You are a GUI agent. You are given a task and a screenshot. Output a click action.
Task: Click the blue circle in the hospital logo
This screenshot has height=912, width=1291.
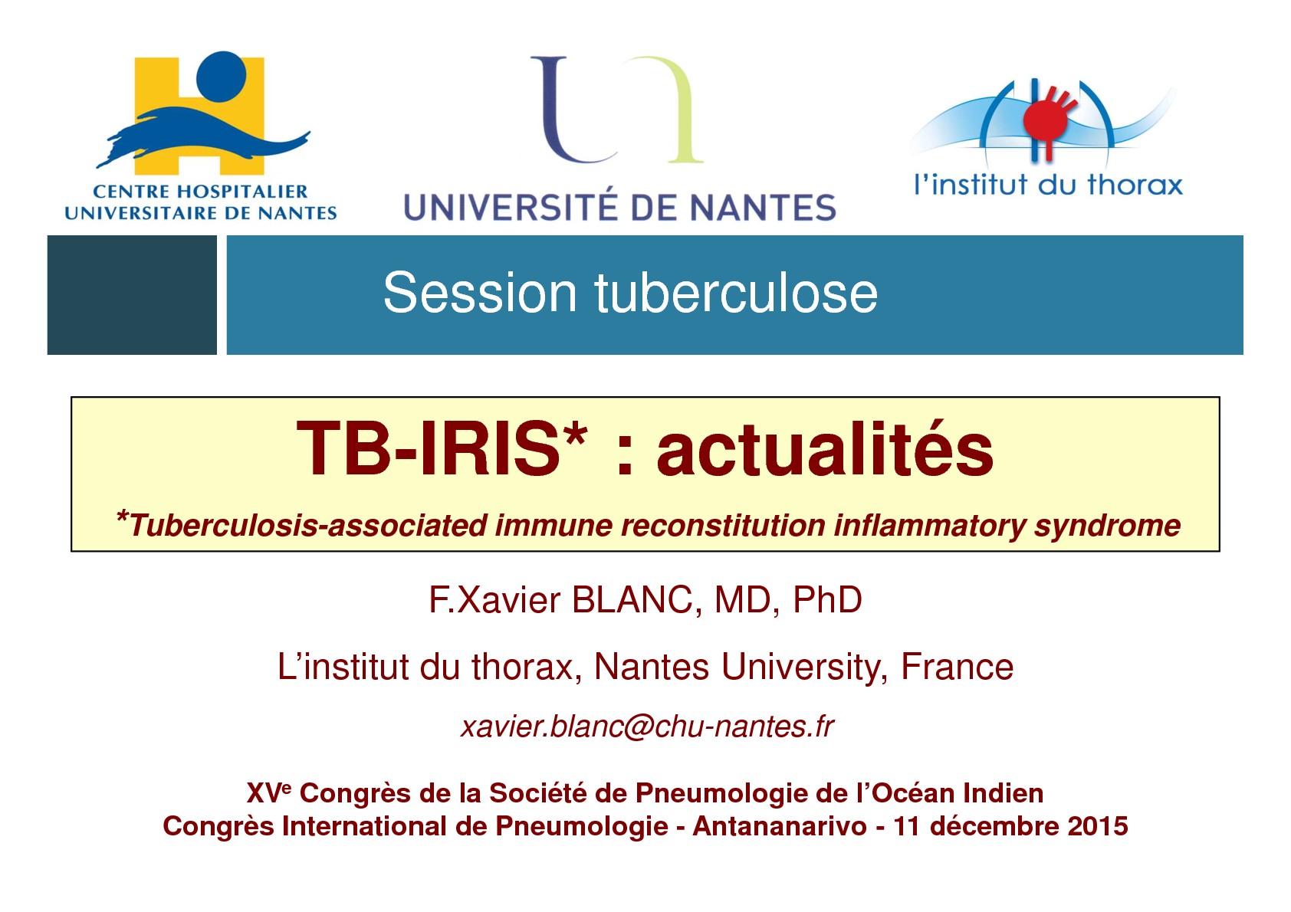(222, 76)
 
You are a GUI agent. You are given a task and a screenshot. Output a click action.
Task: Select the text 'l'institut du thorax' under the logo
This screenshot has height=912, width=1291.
(1048, 185)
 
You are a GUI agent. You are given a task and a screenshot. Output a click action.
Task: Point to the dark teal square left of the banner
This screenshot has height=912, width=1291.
(132, 295)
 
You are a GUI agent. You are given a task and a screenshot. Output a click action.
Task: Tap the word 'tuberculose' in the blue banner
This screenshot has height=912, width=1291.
(736, 294)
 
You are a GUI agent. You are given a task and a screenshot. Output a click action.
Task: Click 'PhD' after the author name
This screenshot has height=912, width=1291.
(827, 600)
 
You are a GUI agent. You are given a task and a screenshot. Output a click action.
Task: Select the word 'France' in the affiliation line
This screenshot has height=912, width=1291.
(957, 667)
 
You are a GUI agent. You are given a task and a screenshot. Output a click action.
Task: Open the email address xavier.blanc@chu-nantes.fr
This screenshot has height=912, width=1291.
(646, 727)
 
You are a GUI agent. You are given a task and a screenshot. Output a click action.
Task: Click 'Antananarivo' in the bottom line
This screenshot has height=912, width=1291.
(780, 826)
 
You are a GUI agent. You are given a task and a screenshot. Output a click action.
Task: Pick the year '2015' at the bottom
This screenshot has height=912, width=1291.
(1098, 826)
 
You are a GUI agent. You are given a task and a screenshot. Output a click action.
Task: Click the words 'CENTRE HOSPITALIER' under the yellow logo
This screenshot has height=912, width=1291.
(200, 192)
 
